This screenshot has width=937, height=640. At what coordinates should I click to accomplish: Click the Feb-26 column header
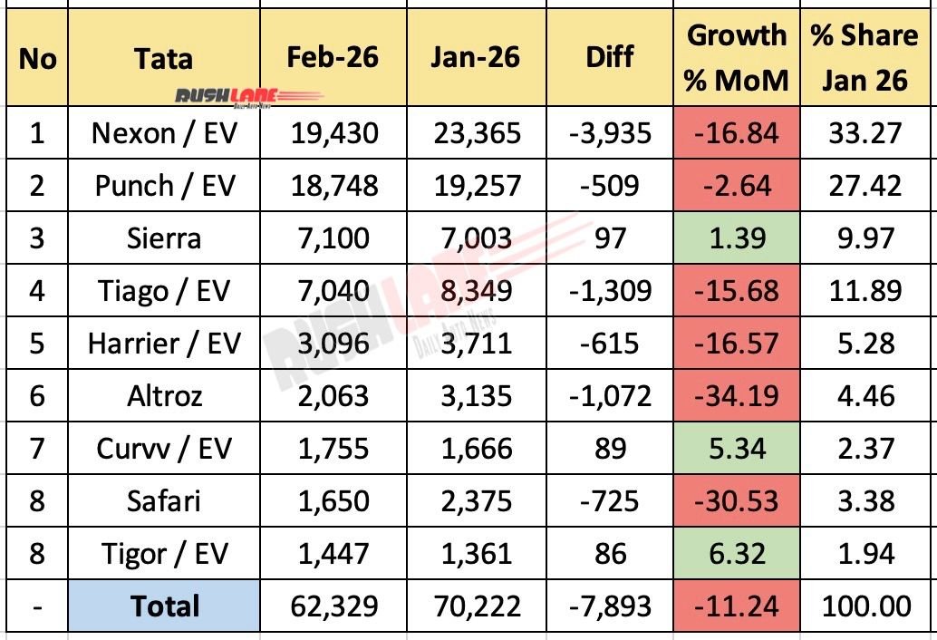pos(333,57)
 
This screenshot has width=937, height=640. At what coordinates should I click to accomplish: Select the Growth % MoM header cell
pos(736,57)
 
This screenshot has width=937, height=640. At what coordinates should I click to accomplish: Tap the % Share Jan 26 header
pos(864,57)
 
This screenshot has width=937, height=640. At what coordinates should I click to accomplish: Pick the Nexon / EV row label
pos(164,133)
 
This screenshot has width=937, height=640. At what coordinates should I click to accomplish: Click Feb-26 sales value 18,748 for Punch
pos(333,186)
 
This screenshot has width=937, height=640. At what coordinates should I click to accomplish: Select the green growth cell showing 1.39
pos(736,238)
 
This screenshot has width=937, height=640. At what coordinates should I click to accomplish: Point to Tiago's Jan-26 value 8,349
pos(476,291)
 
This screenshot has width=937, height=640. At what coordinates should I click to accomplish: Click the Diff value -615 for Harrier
pos(609,344)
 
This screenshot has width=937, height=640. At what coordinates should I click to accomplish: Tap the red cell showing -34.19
pos(736,396)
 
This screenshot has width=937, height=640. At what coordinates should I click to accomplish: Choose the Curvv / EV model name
pos(164,449)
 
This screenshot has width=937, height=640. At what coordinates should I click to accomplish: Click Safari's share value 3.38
pos(864,500)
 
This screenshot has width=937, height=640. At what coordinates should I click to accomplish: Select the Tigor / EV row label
pos(164,553)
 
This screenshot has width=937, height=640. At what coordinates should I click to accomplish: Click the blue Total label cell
pos(164,606)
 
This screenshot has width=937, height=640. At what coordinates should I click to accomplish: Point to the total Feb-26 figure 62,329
pos(333,606)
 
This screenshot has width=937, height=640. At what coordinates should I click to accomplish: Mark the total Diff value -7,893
pos(609,606)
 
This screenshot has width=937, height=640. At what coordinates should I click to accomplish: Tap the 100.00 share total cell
pos(864,606)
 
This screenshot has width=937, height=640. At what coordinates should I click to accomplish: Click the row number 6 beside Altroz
pos(36,396)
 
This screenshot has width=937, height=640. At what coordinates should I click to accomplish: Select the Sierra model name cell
pos(164,238)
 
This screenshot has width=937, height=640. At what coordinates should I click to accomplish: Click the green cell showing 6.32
pos(736,553)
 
